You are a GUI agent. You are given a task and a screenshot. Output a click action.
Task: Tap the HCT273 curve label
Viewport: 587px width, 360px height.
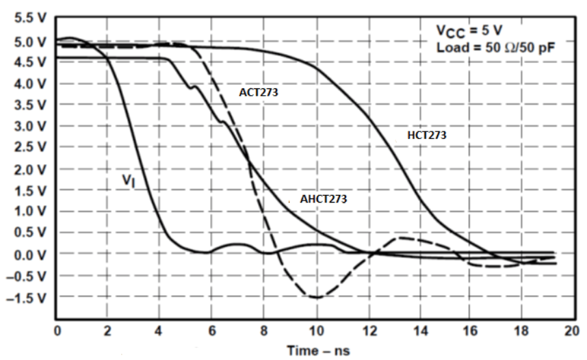[x=427, y=136]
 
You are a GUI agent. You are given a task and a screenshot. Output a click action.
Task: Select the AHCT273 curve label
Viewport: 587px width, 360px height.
[x=324, y=200]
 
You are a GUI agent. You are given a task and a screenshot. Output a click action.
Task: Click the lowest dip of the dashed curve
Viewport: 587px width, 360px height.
[x=316, y=297]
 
